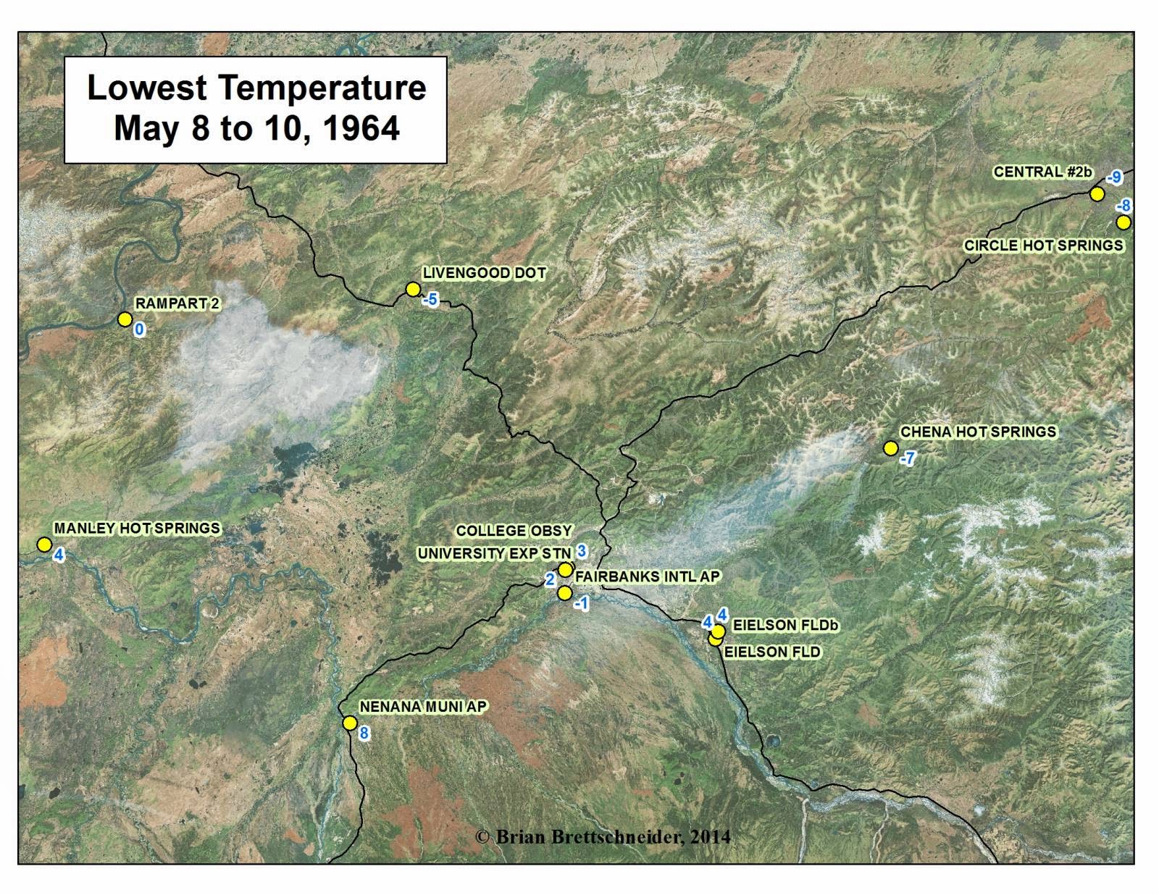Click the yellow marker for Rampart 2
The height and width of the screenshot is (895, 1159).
[125, 319]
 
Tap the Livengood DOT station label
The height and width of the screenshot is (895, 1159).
[484, 274]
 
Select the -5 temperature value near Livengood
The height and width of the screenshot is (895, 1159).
[430, 299]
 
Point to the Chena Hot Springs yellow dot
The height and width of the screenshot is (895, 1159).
[891, 448]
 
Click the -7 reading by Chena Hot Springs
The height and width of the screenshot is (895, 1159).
[907, 458]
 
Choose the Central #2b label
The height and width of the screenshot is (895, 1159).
[1042, 172]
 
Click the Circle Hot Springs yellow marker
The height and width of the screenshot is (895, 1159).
[1123, 222]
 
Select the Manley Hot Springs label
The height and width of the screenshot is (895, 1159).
[137, 529]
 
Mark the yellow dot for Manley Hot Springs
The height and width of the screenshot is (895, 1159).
[44, 545]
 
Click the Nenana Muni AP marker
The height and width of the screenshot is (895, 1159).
[350, 723]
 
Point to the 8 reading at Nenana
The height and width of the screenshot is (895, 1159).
[364, 734]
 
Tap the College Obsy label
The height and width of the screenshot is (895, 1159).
[514, 531]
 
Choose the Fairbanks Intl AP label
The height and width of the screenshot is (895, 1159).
[648, 576]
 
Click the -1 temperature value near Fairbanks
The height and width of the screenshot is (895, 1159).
[580, 603]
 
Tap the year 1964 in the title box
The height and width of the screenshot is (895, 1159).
[361, 128]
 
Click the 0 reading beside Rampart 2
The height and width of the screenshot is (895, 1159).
[139, 330]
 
